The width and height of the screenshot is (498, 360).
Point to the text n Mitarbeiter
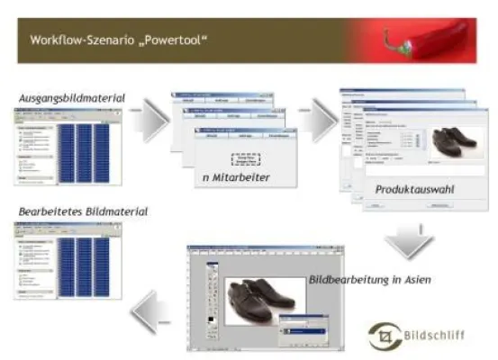click(235, 177)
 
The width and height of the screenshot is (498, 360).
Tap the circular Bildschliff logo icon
click(384, 334)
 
